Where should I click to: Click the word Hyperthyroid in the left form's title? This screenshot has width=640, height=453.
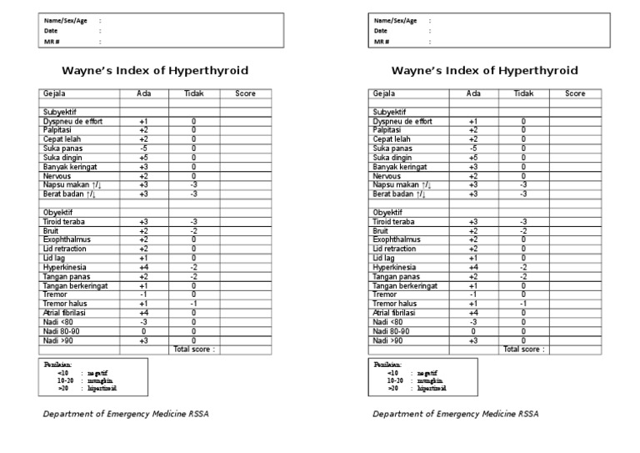(x=208, y=71)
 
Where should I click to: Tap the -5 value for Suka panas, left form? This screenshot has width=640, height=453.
(x=143, y=148)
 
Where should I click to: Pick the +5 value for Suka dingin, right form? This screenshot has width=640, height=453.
(x=473, y=157)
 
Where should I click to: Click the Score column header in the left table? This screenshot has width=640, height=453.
(x=245, y=93)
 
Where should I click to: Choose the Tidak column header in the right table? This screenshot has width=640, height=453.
(x=523, y=93)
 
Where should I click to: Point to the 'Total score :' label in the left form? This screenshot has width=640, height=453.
(x=193, y=350)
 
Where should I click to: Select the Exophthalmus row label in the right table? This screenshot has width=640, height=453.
(x=396, y=239)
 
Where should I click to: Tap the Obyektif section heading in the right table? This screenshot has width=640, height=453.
(x=387, y=212)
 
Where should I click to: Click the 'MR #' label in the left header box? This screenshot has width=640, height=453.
(x=52, y=41)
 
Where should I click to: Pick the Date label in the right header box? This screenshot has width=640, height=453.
(x=381, y=30)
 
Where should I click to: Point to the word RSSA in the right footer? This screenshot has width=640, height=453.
(x=528, y=413)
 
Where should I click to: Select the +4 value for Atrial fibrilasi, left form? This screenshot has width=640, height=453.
(x=143, y=313)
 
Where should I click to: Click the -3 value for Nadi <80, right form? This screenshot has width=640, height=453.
(x=473, y=322)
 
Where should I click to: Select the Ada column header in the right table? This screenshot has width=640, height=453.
(x=473, y=93)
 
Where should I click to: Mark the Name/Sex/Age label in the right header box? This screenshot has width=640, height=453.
(x=395, y=20)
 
